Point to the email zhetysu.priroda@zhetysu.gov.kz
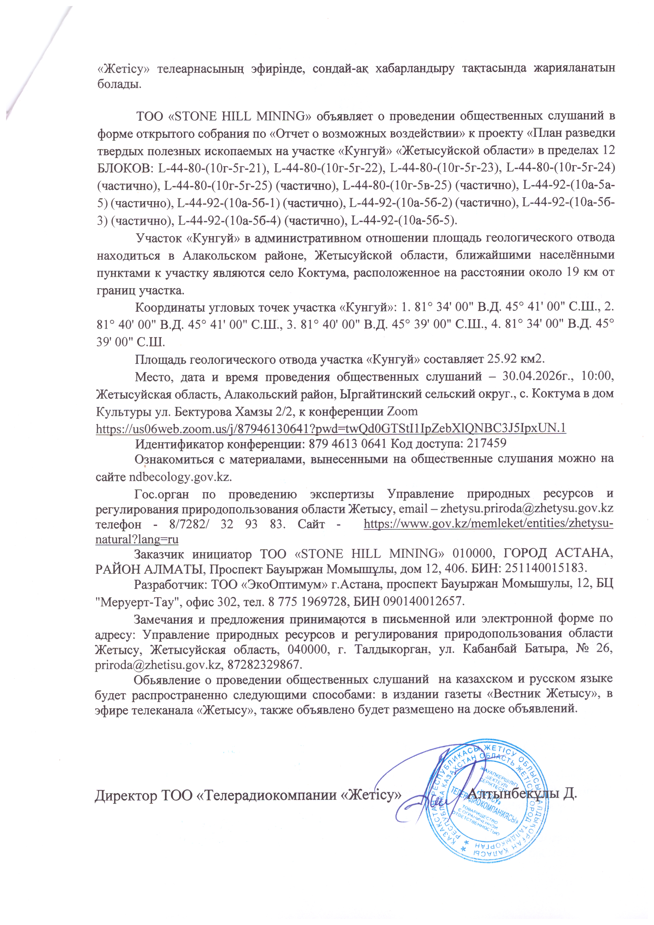click(x=527, y=509)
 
